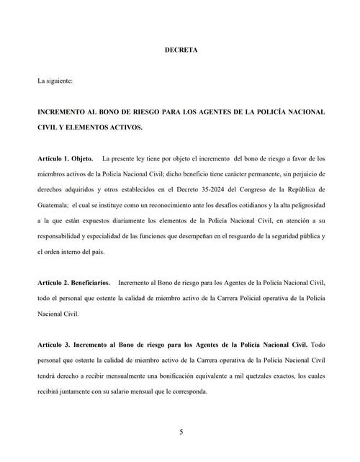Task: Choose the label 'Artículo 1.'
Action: [x=53, y=158]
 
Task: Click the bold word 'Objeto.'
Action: [x=84, y=158]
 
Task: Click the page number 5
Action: [x=181, y=432]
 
